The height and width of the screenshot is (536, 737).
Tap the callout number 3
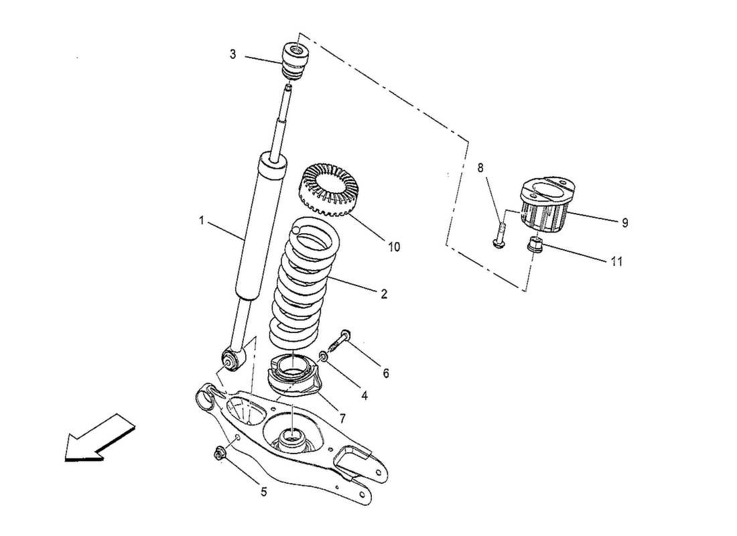(232, 54)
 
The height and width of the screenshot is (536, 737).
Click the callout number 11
(616, 262)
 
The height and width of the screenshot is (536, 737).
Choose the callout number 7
(342, 418)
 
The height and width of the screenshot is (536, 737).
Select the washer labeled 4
(324, 355)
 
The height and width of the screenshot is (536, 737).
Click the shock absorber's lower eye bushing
(231, 361)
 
